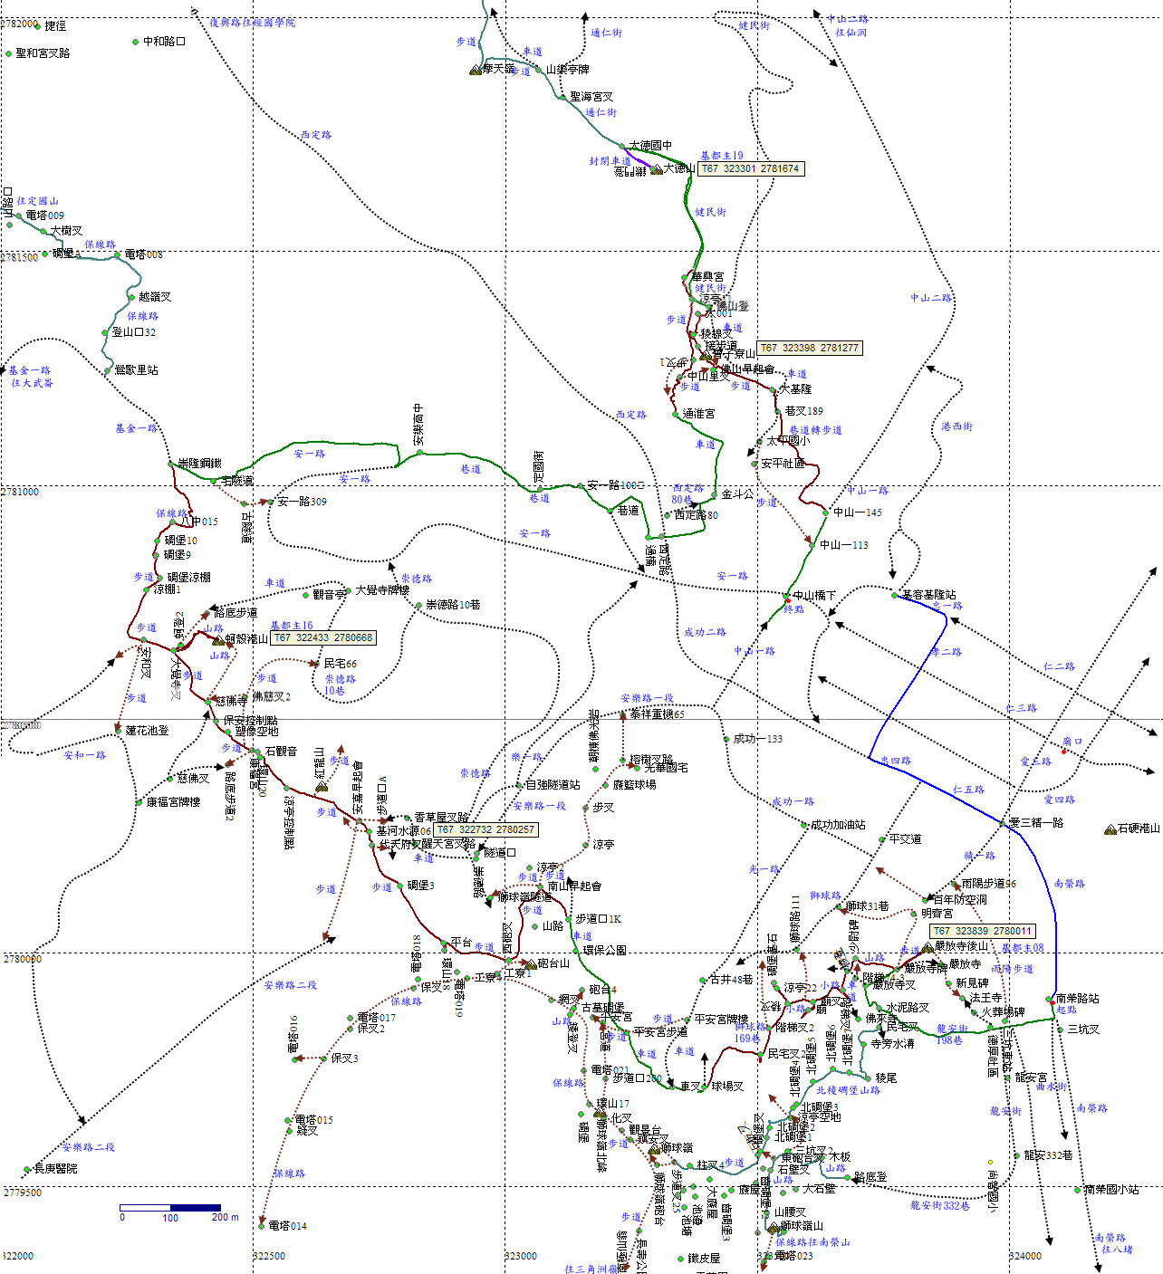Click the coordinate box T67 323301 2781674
pos(751,168)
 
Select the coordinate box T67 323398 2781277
pos(809,348)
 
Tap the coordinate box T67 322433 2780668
pos(323,637)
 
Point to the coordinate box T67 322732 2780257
pos(486,829)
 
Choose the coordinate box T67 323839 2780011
pos(982,931)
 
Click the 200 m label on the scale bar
pos(226,1217)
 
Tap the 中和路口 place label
pos(164,42)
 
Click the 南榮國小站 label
pos(1111,1190)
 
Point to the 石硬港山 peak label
pos(1138,829)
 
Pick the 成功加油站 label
pos(838,825)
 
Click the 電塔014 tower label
pos(287,1226)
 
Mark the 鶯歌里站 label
pos(136,370)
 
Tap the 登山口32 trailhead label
pos(133,332)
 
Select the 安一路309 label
pos(302,502)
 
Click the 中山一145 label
pos(857,512)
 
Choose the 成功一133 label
pos(758,739)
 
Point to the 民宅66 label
pos(340,664)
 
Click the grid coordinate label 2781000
pos(20,492)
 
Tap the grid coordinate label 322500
pos(268,1256)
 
